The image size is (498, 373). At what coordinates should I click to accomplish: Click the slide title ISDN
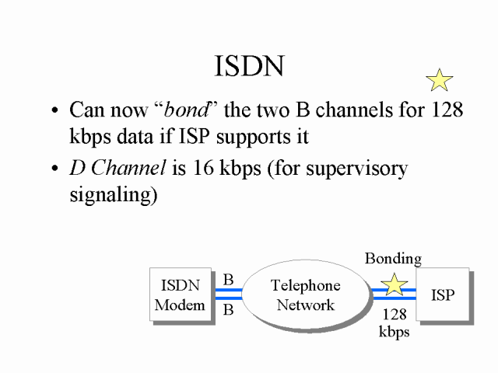[248, 67]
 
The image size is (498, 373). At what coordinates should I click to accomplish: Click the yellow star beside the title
[440, 80]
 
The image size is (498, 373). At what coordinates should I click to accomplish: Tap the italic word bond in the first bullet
[188, 110]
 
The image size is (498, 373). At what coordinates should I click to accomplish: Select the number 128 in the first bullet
[446, 110]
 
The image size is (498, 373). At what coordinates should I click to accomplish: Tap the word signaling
[114, 194]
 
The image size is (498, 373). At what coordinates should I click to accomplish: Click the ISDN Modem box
[180, 295]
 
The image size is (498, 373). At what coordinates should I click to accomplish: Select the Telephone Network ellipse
[305, 295]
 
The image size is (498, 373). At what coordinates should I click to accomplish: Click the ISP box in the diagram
[443, 295]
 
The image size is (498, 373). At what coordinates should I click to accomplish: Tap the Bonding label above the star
[393, 259]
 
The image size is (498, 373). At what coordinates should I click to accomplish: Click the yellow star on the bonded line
[395, 284]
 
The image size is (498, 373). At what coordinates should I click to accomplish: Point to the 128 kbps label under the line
[395, 323]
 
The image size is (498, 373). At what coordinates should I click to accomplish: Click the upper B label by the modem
[229, 280]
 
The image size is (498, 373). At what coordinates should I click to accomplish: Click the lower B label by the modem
[229, 310]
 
